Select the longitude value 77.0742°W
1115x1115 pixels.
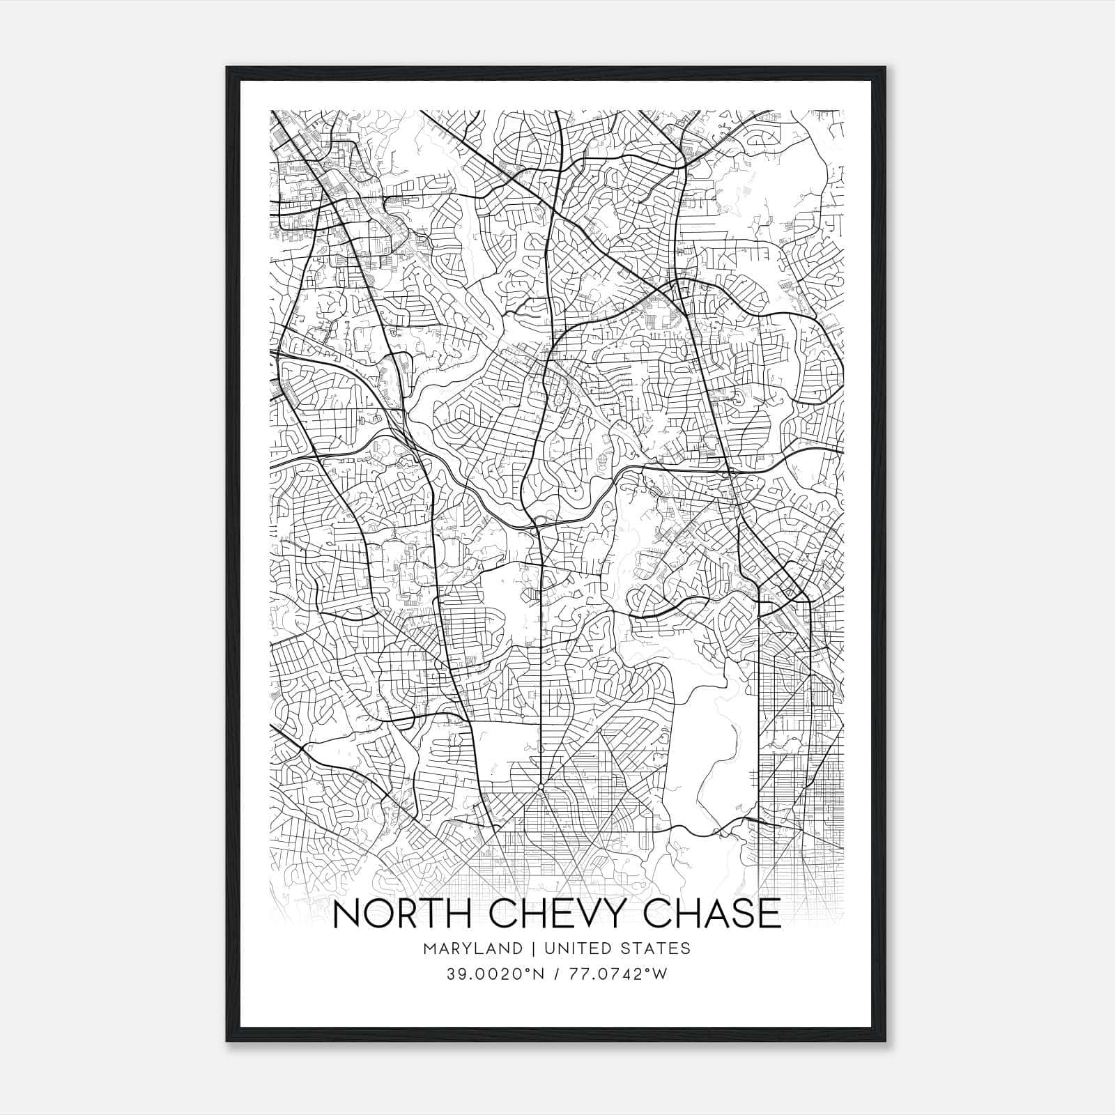coord(618,974)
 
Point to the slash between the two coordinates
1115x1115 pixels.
coord(557,974)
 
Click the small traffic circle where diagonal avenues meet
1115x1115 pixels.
coord(541,787)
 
